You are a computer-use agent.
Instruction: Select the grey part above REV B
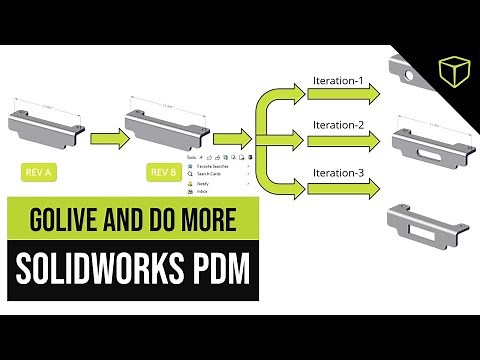164,125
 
